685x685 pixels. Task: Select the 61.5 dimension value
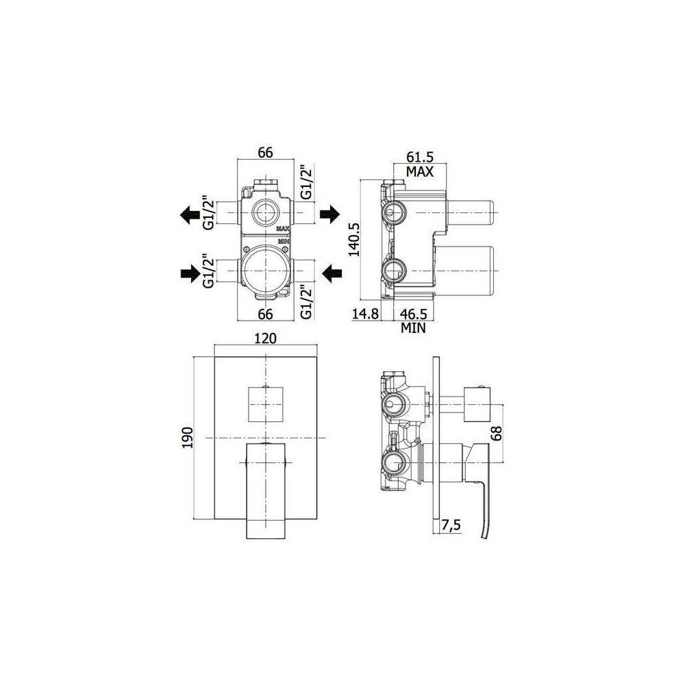pyautogui.click(x=420, y=157)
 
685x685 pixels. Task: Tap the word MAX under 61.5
pyautogui.click(x=420, y=171)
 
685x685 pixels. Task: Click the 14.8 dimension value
pyautogui.click(x=365, y=314)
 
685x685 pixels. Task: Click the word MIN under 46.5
pyautogui.click(x=414, y=328)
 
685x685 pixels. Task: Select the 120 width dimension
pyautogui.click(x=265, y=338)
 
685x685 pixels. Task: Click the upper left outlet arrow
pyautogui.click(x=189, y=215)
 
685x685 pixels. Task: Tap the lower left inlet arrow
pyautogui.click(x=189, y=274)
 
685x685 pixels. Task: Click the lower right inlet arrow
pyautogui.click(x=332, y=274)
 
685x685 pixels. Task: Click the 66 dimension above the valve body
pyautogui.click(x=265, y=152)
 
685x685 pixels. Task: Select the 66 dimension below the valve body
pyautogui.click(x=265, y=314)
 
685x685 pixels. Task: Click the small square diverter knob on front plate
pyautogui.click(x=264, y=403)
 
